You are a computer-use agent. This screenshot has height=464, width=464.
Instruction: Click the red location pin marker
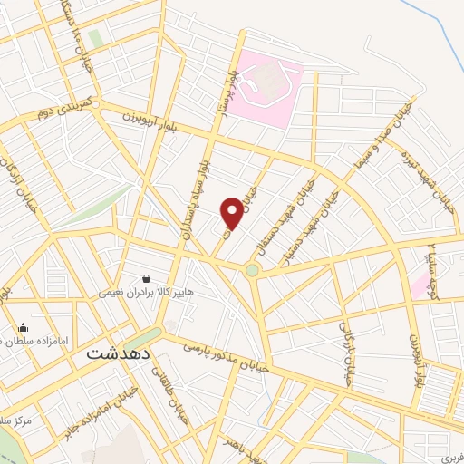(x=233, y=212)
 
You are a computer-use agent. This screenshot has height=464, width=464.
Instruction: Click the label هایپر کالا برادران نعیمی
(x=146, y=294)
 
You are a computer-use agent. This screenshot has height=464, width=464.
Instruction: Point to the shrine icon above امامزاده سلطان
(x=23, y=328)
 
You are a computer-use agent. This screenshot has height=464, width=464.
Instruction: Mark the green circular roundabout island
(x=252, y=270)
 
